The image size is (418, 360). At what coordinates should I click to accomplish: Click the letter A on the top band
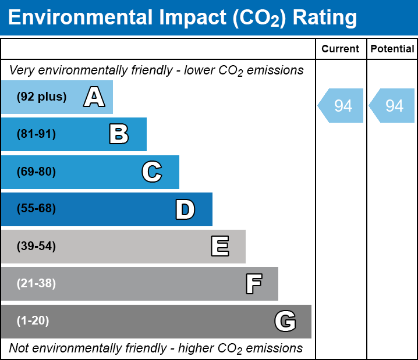(94, 97)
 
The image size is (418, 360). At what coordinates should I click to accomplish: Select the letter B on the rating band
(119, 134)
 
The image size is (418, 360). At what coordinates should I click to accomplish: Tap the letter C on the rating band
(151, 172)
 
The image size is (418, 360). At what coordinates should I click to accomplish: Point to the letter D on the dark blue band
(185, 209)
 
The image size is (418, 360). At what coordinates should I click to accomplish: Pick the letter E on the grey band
(219, 247)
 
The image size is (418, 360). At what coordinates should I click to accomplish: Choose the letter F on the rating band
(253, 284)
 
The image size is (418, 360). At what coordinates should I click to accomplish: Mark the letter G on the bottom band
(285, 321)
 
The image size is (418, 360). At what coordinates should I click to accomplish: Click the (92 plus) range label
(41, 97)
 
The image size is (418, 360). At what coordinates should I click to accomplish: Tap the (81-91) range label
(36, 134)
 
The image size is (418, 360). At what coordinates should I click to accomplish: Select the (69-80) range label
(36, 172)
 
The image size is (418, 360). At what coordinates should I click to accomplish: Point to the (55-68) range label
(36, 209)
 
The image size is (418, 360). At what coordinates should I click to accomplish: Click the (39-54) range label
(36, 247)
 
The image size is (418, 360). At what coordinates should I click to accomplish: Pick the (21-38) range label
(36, 284)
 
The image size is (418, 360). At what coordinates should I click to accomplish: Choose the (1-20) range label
(33, 321)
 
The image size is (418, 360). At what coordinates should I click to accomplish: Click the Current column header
(341, 49)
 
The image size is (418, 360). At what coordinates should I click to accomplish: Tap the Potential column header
(392, 49)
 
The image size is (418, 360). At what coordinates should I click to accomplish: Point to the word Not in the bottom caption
(19, 348)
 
